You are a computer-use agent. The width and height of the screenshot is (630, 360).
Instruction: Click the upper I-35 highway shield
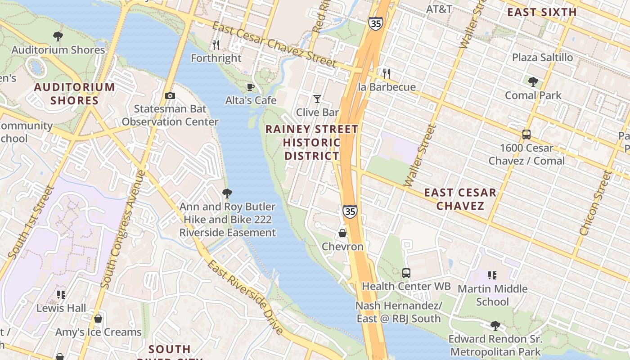375,23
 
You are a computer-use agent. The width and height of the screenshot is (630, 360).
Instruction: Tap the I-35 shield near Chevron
350,211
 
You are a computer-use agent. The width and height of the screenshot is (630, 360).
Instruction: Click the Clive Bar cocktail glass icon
317,99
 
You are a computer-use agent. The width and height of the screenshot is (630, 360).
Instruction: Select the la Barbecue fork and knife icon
387,73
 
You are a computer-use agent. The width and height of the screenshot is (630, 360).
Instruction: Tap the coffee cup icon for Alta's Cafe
251,87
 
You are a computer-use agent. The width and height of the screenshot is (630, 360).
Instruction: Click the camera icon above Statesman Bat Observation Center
170,95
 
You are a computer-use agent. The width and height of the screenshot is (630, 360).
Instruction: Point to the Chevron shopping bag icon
342,233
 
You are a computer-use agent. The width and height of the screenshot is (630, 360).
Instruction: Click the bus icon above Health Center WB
406,273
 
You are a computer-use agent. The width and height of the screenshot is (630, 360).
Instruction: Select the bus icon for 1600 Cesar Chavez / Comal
526,134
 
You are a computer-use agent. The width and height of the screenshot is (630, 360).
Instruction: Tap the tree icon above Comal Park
533,82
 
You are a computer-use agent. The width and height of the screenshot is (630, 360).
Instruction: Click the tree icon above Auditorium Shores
58,36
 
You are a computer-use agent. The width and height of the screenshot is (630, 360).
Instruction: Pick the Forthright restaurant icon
216,45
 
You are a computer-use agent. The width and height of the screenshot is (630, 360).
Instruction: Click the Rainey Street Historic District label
311,143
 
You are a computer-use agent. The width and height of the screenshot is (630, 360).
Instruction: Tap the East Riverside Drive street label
246,297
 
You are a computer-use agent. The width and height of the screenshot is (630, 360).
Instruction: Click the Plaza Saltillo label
542,58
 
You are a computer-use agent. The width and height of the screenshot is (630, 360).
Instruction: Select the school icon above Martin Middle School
492,275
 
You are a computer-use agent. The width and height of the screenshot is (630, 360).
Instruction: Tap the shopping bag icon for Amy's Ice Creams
98,319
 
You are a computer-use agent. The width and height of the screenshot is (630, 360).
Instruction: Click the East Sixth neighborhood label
542,12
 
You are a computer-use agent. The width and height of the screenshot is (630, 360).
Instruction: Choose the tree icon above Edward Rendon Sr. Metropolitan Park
495,325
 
